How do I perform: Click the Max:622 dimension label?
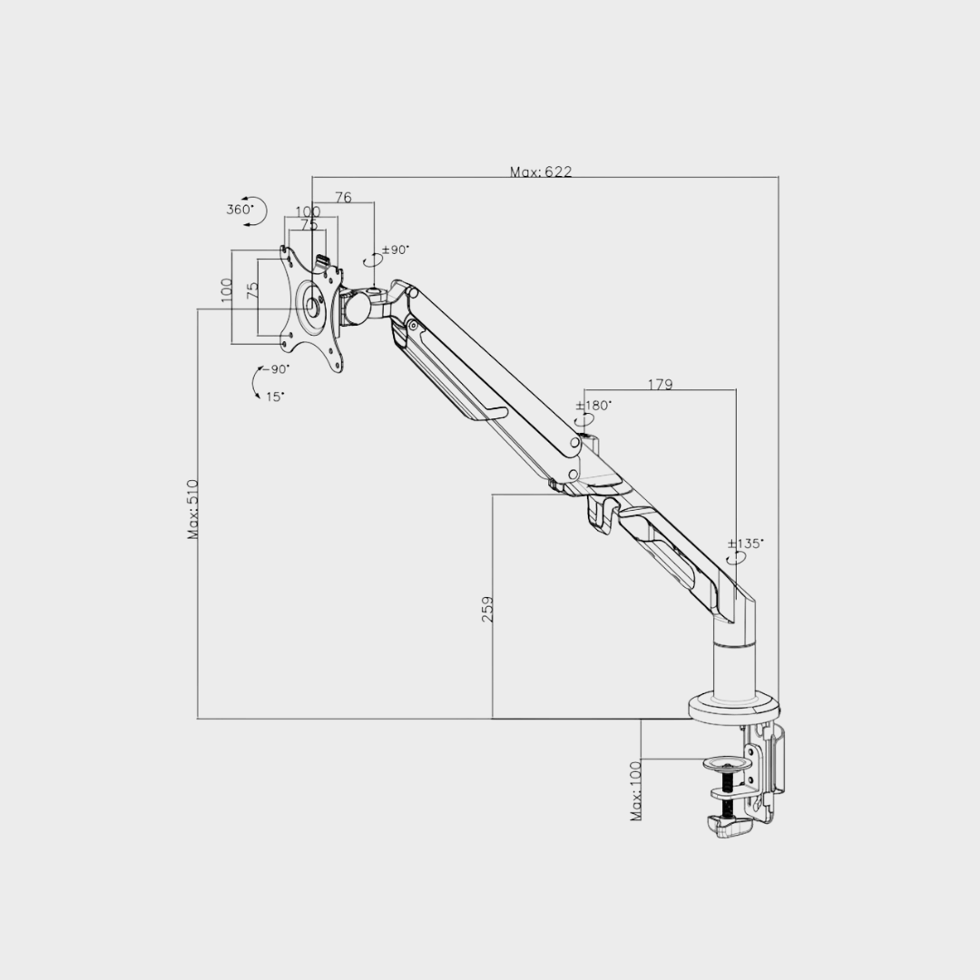pos(541,171)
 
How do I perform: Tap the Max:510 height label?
pos(193,509)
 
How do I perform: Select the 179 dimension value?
pos(660,384)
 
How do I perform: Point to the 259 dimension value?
pos(487,608)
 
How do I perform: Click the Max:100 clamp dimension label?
pos(635,791)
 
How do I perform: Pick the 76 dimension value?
pos(343,197)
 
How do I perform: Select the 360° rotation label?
pos(240,210)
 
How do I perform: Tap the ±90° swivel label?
pos(396,250)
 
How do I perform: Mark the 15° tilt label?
pos(275,396)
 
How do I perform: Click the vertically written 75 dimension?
pos(253,290)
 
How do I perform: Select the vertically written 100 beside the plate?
pos(227,290)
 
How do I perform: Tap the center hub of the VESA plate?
pos(313,306)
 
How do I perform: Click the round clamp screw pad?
pos(728,764)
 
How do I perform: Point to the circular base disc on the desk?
pos(733,708)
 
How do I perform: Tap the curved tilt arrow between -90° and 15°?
pos(254,383)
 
